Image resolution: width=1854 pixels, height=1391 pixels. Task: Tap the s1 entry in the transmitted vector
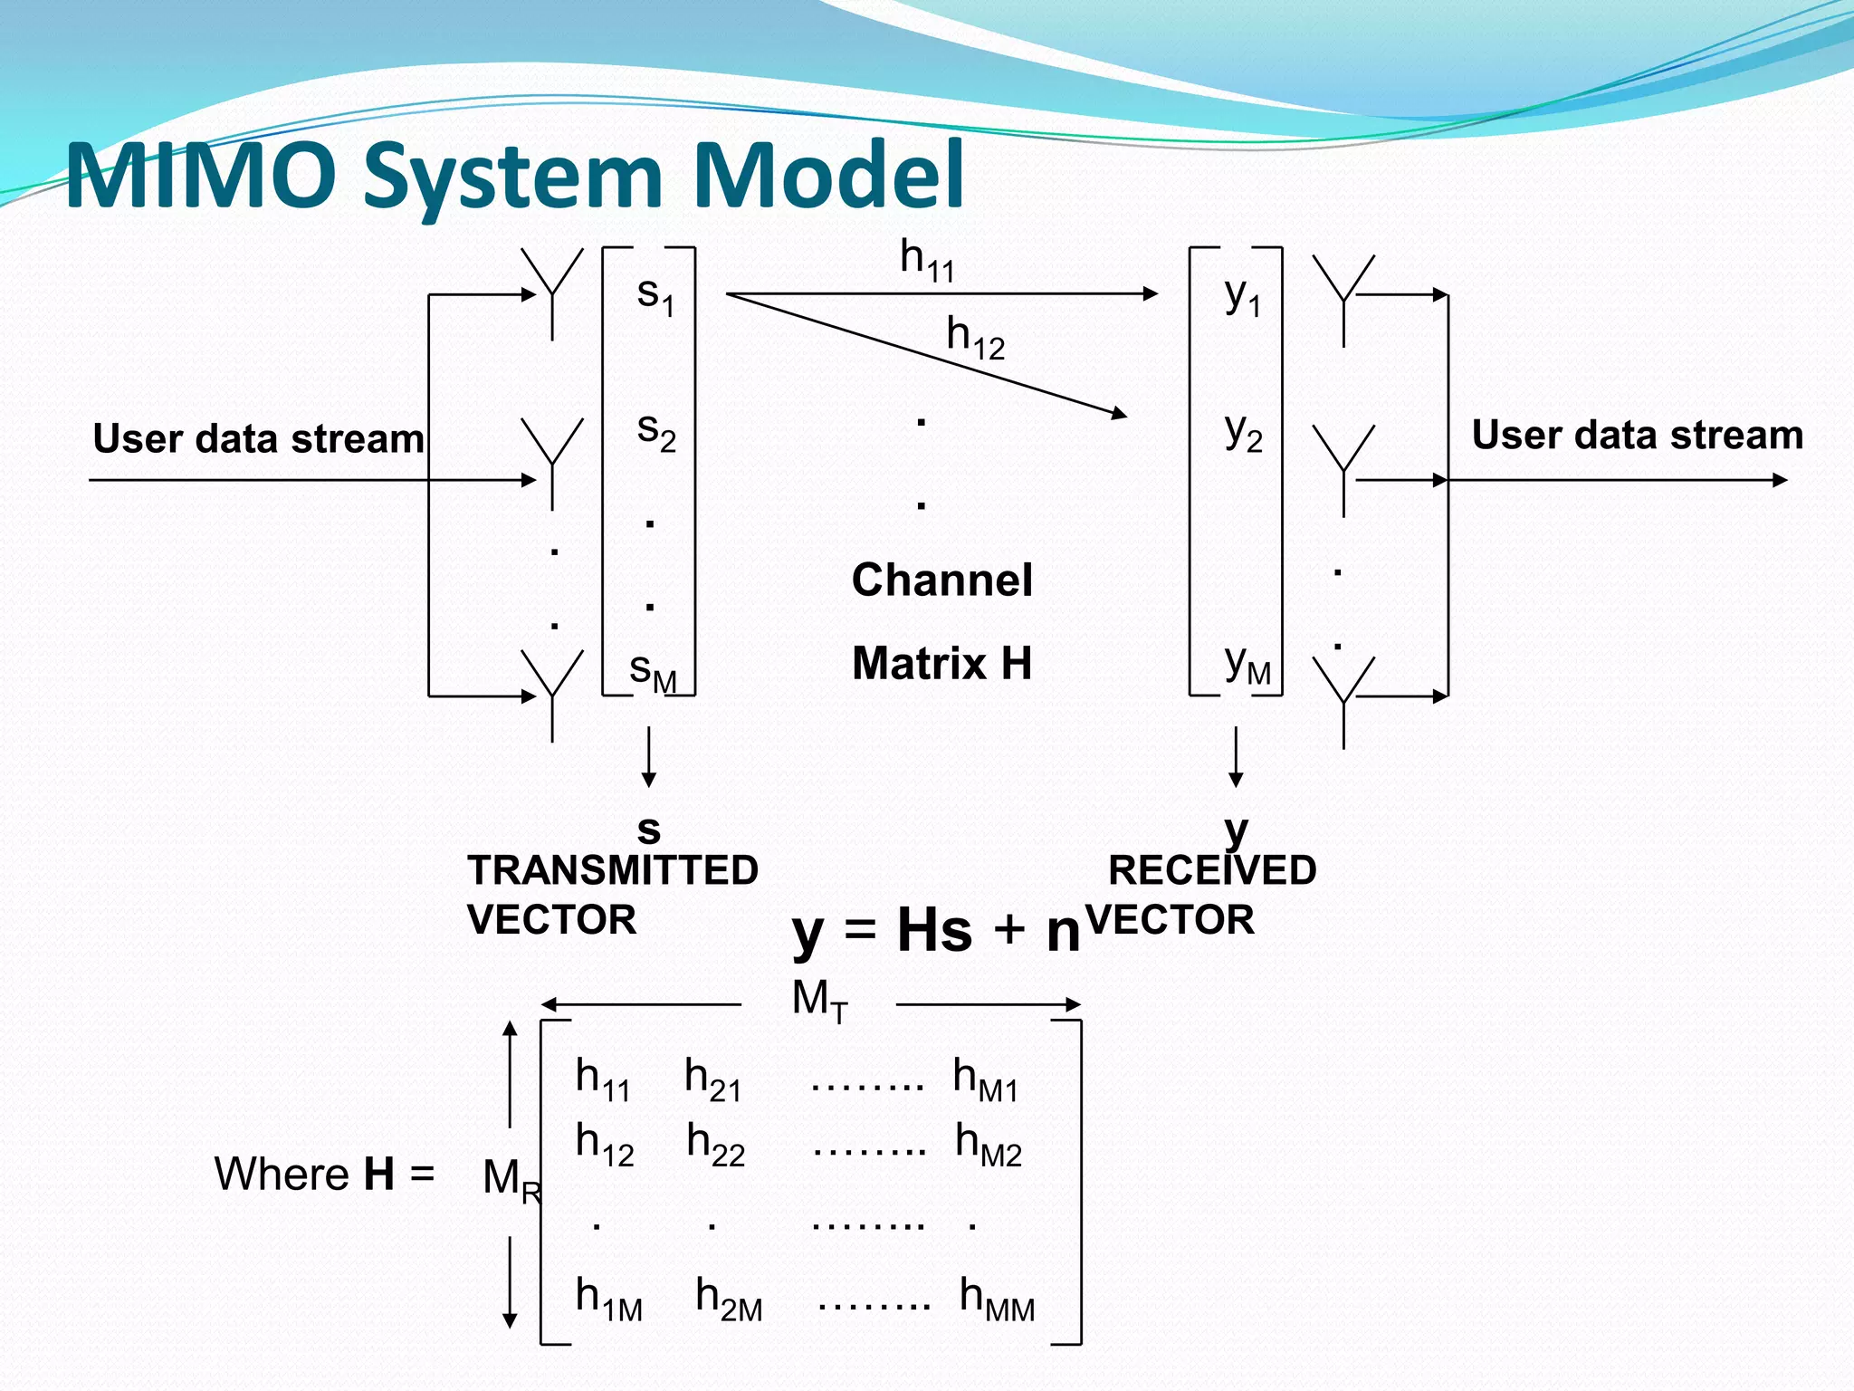point(655,294)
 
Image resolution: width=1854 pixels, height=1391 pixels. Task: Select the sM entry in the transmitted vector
point(653,671)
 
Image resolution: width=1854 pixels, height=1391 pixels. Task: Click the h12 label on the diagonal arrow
point(975,337)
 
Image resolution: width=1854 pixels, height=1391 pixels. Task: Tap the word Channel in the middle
point(941,580)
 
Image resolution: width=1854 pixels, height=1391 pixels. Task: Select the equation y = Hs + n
point(936,930)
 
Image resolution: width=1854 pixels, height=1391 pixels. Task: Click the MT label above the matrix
point(819,1001)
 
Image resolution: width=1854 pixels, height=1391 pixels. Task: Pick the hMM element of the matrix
point(997,1297)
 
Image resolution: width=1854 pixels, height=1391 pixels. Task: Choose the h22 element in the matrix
point(715,1143)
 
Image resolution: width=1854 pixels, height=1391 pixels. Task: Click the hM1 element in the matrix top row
point(986,1079)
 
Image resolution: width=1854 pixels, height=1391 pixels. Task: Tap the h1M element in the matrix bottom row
point(608,1297)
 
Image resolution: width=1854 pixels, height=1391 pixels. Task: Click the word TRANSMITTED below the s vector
point(613,870)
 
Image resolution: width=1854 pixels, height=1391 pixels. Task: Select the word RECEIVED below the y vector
point(1212,870)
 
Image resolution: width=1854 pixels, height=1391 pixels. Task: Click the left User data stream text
point(258,438)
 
